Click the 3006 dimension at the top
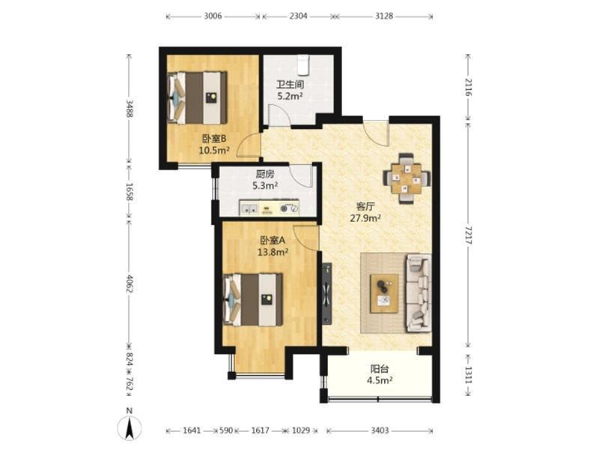coord(213,16)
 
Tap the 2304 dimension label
coord(298,16)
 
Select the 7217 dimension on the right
coord(469,235)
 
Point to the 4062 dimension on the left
coord(130,283)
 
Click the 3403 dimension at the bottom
coord(380,430)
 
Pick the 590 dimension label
coord(227,430)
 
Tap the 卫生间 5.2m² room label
coord(290,90)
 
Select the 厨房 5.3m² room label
coord(265,180)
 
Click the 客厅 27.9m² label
coord(365,213)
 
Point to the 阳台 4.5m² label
coord(380,374)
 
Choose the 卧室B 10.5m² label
coord(214,144)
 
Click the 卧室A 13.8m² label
coord(273,246)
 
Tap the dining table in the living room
coord(407,178)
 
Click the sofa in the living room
coord(419,293)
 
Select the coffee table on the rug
coord(384,294)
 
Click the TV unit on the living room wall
coord(326,293)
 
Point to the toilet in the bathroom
coord(303,64)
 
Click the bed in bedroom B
coord(198,97)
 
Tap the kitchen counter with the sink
coord(269,208)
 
